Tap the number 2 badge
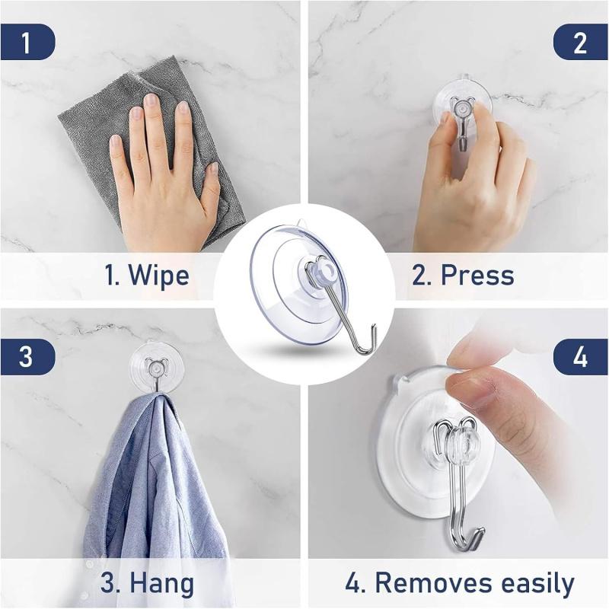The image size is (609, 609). pyautogui.click(x=580, y=42)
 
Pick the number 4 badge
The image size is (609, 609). pyautogui.click(x=580, y=357)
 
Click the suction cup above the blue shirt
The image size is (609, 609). pyautogui.click(x=156, y=365)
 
